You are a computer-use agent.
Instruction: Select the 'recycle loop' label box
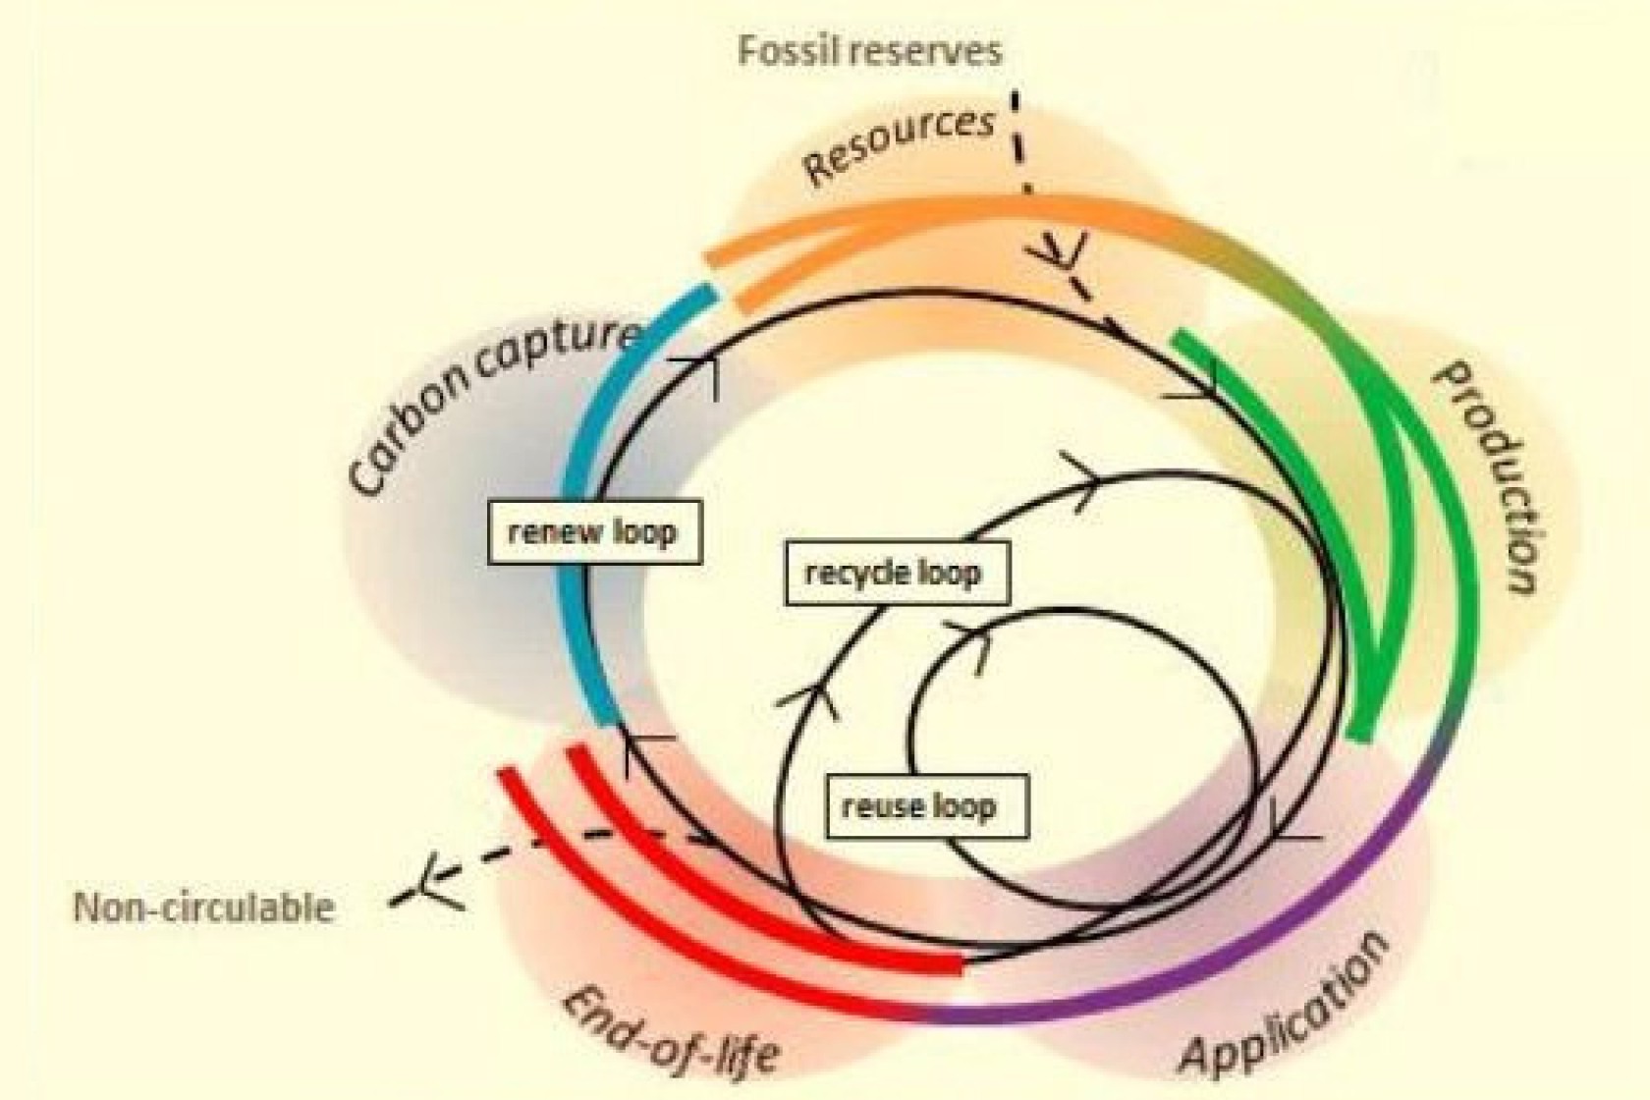tap(896, 572)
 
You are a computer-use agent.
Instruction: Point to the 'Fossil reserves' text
tap(869, 50)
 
